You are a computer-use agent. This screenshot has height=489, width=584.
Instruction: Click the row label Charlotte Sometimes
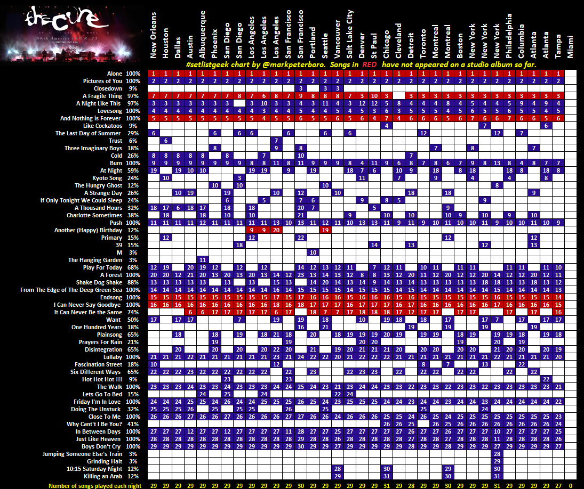click(x=94, y=215)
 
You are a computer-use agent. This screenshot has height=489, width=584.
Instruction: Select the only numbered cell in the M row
click(x=313, y=252)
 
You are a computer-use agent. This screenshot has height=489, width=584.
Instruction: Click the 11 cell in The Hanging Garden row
click(x=203, y=260)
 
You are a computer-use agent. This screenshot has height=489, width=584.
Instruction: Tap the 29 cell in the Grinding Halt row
click(x=497, y=461)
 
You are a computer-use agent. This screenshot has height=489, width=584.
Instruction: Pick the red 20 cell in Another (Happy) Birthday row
click(x=276, y=230)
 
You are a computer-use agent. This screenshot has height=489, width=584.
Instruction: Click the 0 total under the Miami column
click(x=571, y=486)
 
